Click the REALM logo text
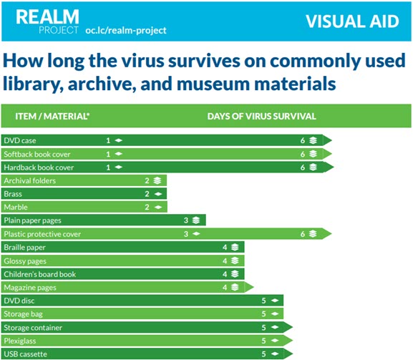click(x=47, y=17)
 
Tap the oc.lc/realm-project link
click(x=126, y=31)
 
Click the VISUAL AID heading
click(x=352, y=21)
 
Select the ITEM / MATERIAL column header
click(x=52, y=116)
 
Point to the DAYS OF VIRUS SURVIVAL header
click(x=261, y=116)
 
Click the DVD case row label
click(x=20, y=140)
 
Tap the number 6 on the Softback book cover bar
click(x=303, y=154)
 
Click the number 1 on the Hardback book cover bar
click(x=108, y=167)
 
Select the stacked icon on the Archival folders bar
click(x=157, y=180)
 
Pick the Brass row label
click(x=13, y=194)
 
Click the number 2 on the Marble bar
click(x=147, y=208)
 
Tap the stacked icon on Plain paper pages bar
click(x=196, y=220)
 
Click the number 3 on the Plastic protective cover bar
click(x=186, y=234)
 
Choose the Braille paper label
click(x=25, y=248)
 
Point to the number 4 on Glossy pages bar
click(x=225, y=261)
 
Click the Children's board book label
click(x=40, y=274)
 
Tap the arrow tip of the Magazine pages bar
click(x=253, y=287)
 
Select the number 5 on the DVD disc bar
click(x=263, y=301)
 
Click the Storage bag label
click(x=23, y=314)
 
